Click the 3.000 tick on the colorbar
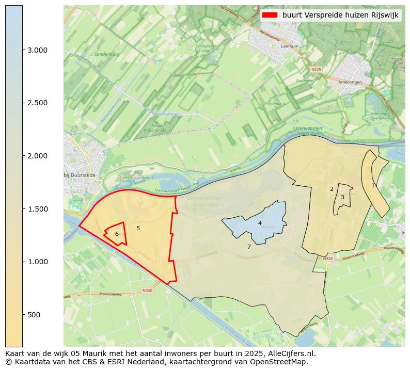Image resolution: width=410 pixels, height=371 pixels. (23, 50)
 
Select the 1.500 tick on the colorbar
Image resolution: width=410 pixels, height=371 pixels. (23, 209)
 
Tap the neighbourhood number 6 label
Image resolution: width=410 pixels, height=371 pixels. (117, 234)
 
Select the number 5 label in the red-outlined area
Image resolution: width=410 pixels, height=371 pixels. (138, 228)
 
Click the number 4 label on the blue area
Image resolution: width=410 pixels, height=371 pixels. (260, 223)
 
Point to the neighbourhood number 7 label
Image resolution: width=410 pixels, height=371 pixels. (249, 247)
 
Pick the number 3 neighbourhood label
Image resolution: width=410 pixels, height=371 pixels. (342, 197)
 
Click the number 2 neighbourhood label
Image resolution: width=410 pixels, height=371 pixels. (332, 189)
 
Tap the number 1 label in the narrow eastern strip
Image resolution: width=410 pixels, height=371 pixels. (373, 185)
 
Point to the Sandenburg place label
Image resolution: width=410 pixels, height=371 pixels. (107, 54)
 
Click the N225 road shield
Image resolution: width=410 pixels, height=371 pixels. (316, 69)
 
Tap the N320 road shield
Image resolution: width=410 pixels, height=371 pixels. (147, 291)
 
